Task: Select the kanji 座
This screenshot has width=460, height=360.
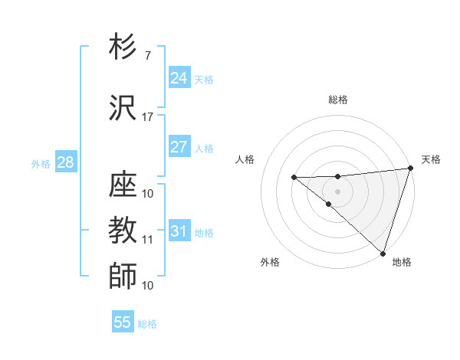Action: (x=123, y=184)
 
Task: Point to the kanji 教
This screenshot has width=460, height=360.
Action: (x=123, y=230)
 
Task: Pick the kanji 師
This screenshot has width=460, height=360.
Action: (x=123, y=276)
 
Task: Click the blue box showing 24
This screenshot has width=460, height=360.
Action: (x=179, y=78)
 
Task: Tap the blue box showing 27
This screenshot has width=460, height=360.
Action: (x=179, y=147)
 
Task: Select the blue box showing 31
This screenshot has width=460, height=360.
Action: (x=179, y=231)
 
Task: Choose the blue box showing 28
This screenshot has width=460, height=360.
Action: (x=65, y=162)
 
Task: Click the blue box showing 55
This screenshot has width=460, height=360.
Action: (x=123, y=322)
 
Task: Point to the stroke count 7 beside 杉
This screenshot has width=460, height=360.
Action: (x=147, y=56)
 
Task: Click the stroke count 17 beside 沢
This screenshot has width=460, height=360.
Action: (x=147, y=117)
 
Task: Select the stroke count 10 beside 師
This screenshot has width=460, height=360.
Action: (x=147, y=286)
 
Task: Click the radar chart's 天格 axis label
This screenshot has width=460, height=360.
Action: (x=431, y=159)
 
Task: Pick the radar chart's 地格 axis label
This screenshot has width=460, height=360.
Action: (x=402, y=262)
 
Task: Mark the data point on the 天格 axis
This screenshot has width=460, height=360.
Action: (x=410, y=169)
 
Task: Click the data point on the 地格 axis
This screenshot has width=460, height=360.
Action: (x=383, y=253)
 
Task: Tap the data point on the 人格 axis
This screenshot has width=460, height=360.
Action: (x=294, y=178)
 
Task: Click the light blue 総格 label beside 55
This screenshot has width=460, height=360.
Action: (x=147, y=324)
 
